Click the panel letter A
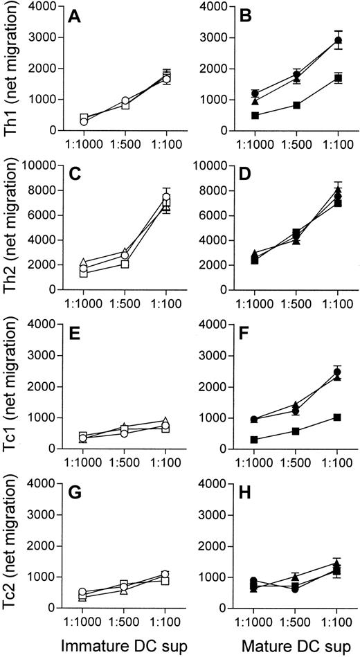click(72, 15)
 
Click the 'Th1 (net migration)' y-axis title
click(12, 68)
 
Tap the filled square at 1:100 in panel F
click(339, 417)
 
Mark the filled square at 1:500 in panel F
click(296, 431)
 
